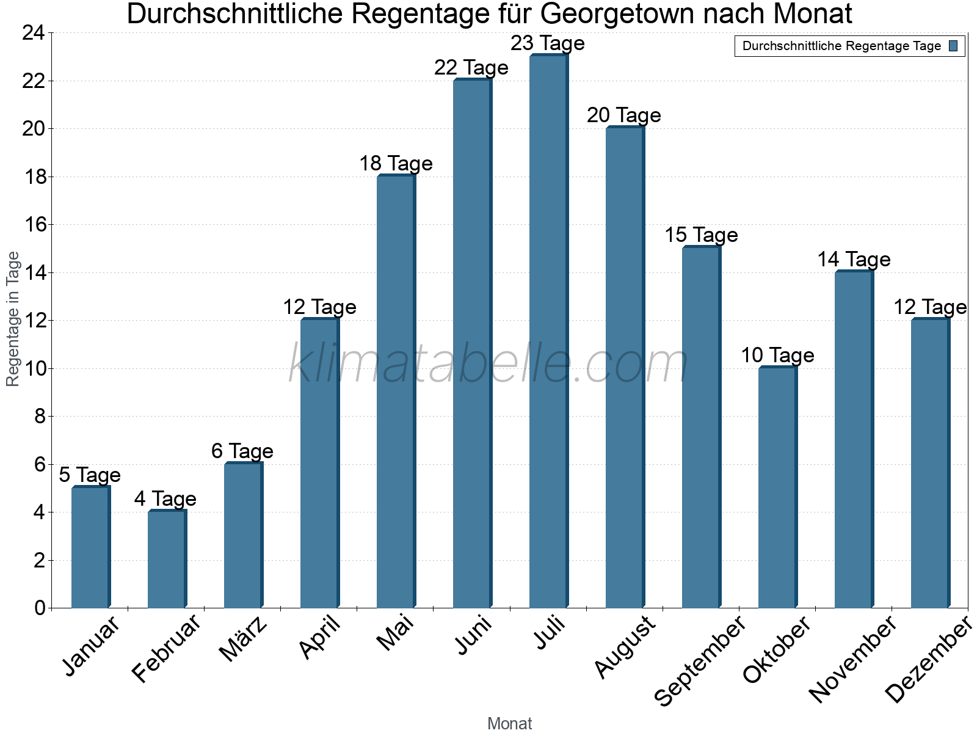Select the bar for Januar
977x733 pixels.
point(90,547)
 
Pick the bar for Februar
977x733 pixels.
point(167,560)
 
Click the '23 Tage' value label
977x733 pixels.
point(548,43)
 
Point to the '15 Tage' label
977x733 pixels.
point(701,235)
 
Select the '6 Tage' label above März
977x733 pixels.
point(242,451)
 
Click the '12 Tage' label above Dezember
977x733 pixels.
point(930,307)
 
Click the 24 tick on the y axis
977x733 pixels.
point(34,33)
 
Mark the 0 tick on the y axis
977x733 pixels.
point(40,608)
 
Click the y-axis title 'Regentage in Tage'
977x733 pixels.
point(13,319)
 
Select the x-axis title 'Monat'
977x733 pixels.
point(510,724)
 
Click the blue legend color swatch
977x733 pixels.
point(954,46)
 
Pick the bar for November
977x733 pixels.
point(854,440)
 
